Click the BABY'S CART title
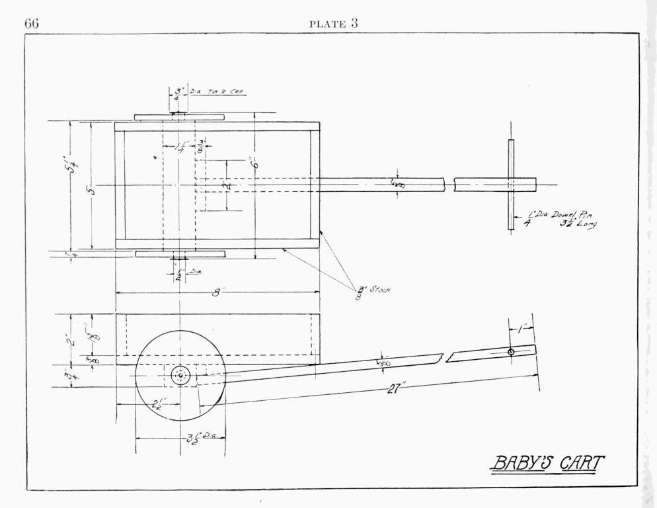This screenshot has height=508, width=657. coord(546,463)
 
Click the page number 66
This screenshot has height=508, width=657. coord(32,24)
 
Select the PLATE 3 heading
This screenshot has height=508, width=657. coord(334,24)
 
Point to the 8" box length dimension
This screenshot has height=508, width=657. coord(216,293)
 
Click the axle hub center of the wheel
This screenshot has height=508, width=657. coord(180,376)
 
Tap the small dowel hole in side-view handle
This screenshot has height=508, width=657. coord(511,352)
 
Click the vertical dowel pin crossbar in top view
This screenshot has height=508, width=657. coord(511,185)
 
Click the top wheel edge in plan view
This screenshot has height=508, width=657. coord(179,117)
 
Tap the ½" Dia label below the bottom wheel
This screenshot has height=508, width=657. coord(187,273)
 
